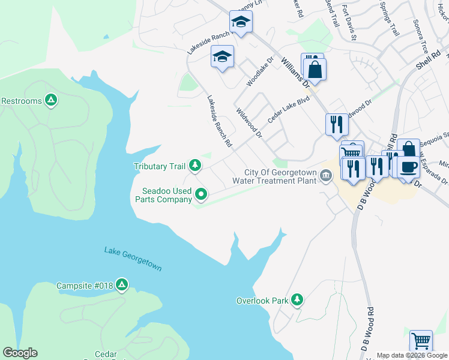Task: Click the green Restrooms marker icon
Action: pyautogui.click(x=52, y=101)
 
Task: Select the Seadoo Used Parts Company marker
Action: pyautogui.click(x=201, y=194)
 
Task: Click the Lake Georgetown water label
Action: pyautogui.click(x=133, y=259)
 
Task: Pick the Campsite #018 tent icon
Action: pyautogui.click(x=122, y=285)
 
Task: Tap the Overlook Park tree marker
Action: pyautogui.click(x=296, y=299)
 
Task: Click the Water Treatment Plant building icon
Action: pyautogui.click(x=326, y=176)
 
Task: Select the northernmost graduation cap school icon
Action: pyautogui.click(x=241, y=22)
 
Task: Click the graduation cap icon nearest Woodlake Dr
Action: pyautogui.click(x=222, y=57)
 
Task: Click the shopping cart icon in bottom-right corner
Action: pyautogui.click(x=421, y=341)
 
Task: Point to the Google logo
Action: pyautogui.click(x=20, y=353)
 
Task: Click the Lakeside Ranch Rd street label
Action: pyautogui.click(x=219, y=122)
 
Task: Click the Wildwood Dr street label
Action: pyautogui.click(x=249, y=123)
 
